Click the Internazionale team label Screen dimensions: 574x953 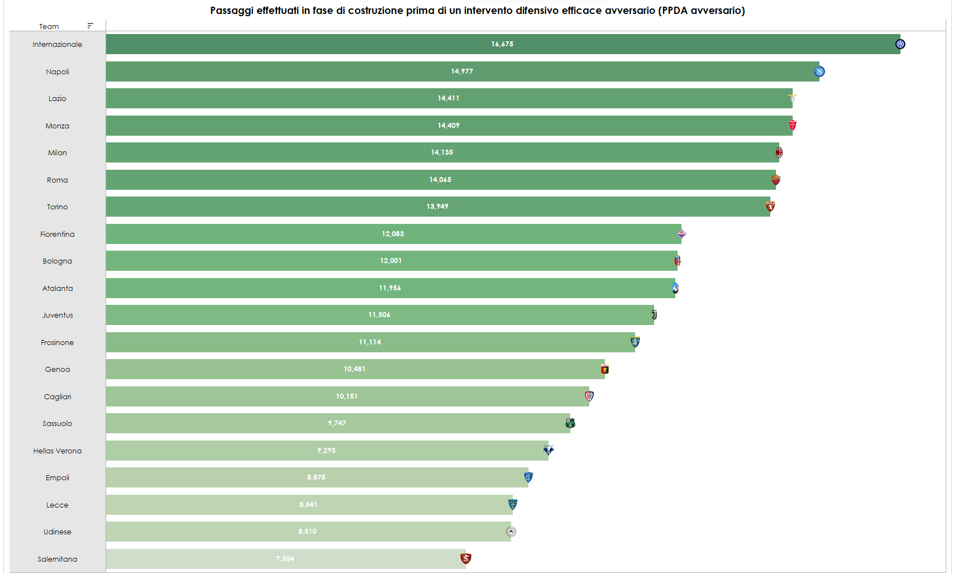tap(57, 44)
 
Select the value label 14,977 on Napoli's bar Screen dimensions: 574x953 tap(462, 71)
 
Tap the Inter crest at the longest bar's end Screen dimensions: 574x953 tap(900, 44)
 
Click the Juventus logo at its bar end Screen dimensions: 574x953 tap(654, 315)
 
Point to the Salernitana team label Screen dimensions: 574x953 tap(57, 559)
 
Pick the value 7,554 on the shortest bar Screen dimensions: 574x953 tap(285, 559)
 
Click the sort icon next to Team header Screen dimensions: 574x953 tap(90, 26)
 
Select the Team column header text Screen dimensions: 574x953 tap(49, 26)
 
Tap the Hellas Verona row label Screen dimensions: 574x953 tap(57, 451)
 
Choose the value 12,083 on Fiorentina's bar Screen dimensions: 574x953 tap(393, 234)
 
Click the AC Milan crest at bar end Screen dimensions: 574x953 tap(779, 152)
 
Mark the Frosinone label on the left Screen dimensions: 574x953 tap(57, 342)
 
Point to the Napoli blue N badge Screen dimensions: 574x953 tap(819, 71)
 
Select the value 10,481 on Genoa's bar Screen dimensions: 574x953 tap(355, 369)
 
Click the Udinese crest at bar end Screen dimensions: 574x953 tap(511, 532)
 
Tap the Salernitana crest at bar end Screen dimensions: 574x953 tap(465, 558)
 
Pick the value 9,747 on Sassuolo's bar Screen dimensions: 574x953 tap(337, 423)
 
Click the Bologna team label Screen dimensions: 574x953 tap(57, 261)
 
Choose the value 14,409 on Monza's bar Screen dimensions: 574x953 tap(449, 126)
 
